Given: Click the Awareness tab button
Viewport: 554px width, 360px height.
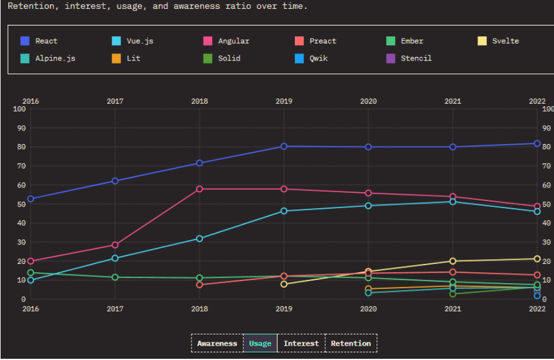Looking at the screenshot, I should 217,343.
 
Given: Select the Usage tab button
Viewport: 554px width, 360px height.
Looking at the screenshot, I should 260,343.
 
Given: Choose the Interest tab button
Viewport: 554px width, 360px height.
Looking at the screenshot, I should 301,343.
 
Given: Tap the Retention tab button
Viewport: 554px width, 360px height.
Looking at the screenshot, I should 351,343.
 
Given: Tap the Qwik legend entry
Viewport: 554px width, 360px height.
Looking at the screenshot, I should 312,58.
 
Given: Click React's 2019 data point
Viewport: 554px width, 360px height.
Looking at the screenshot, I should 284,146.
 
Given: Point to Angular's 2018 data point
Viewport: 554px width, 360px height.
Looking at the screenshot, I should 199,189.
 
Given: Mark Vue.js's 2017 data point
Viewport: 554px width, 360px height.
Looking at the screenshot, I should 115,259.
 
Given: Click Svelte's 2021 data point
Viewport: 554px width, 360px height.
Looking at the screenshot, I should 453,261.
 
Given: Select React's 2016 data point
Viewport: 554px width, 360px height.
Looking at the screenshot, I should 31,199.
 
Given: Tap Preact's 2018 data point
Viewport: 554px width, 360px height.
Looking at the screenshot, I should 199,285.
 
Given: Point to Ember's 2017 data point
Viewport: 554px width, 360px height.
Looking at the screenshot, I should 115,278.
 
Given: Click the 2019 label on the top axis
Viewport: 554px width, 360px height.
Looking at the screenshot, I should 284,101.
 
